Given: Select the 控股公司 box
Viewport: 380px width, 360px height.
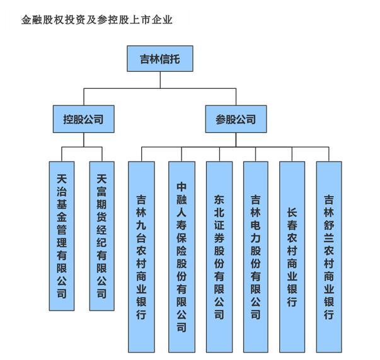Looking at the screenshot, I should (x=83, y=118).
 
